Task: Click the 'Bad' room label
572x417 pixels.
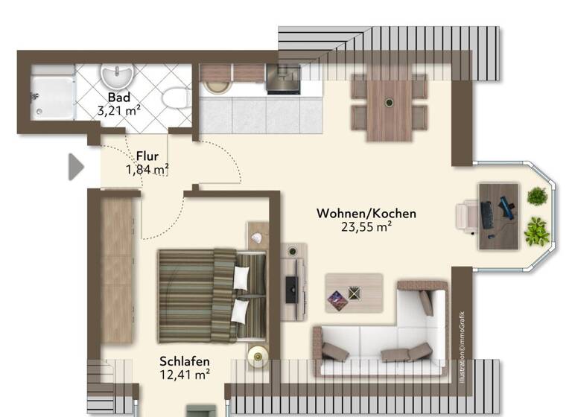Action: pos(119,98)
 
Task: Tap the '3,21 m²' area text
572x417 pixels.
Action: pos(119,111)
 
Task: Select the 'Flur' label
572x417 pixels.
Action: pos(147,156)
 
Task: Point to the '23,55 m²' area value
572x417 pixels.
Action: pos(366,228)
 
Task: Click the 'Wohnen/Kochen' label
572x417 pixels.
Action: pos(366,214)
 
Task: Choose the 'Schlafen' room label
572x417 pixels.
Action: pos(184,363)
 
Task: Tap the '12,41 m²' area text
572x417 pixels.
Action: pos(184,376)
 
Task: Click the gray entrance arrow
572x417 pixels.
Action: pos(76,167)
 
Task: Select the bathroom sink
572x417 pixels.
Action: pos(116,77)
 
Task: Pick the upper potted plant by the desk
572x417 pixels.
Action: pos(537,197)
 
